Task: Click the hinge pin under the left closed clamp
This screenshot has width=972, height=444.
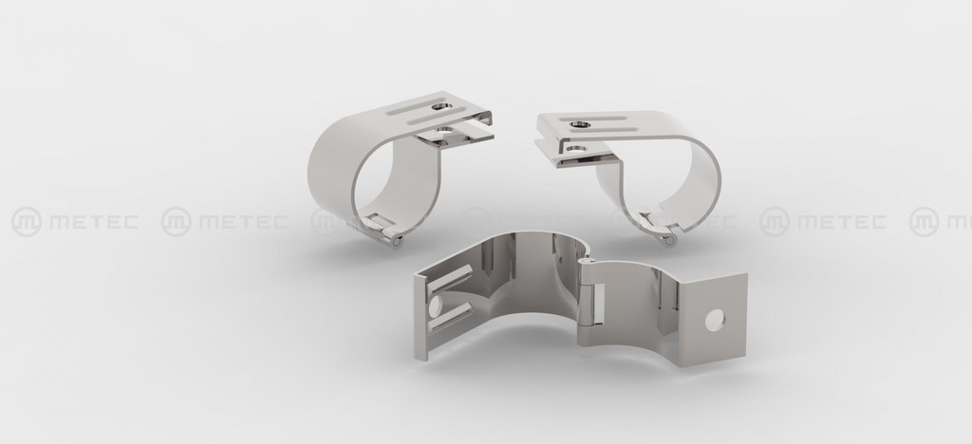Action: click(396, 241)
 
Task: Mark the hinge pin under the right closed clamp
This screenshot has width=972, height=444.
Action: click(669, 241)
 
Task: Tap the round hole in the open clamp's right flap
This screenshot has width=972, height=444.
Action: click(714, 321)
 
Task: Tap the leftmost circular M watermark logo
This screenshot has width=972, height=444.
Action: click(26, 222)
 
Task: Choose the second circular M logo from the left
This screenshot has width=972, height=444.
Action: click(176, 222)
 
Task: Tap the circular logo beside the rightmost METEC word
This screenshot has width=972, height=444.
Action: click(775, 222)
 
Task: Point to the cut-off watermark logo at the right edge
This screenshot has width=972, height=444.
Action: click(924, 222)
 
